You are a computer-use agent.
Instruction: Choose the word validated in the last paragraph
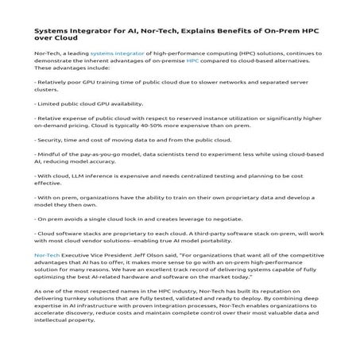pyautogui.click(x=189, y=301)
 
